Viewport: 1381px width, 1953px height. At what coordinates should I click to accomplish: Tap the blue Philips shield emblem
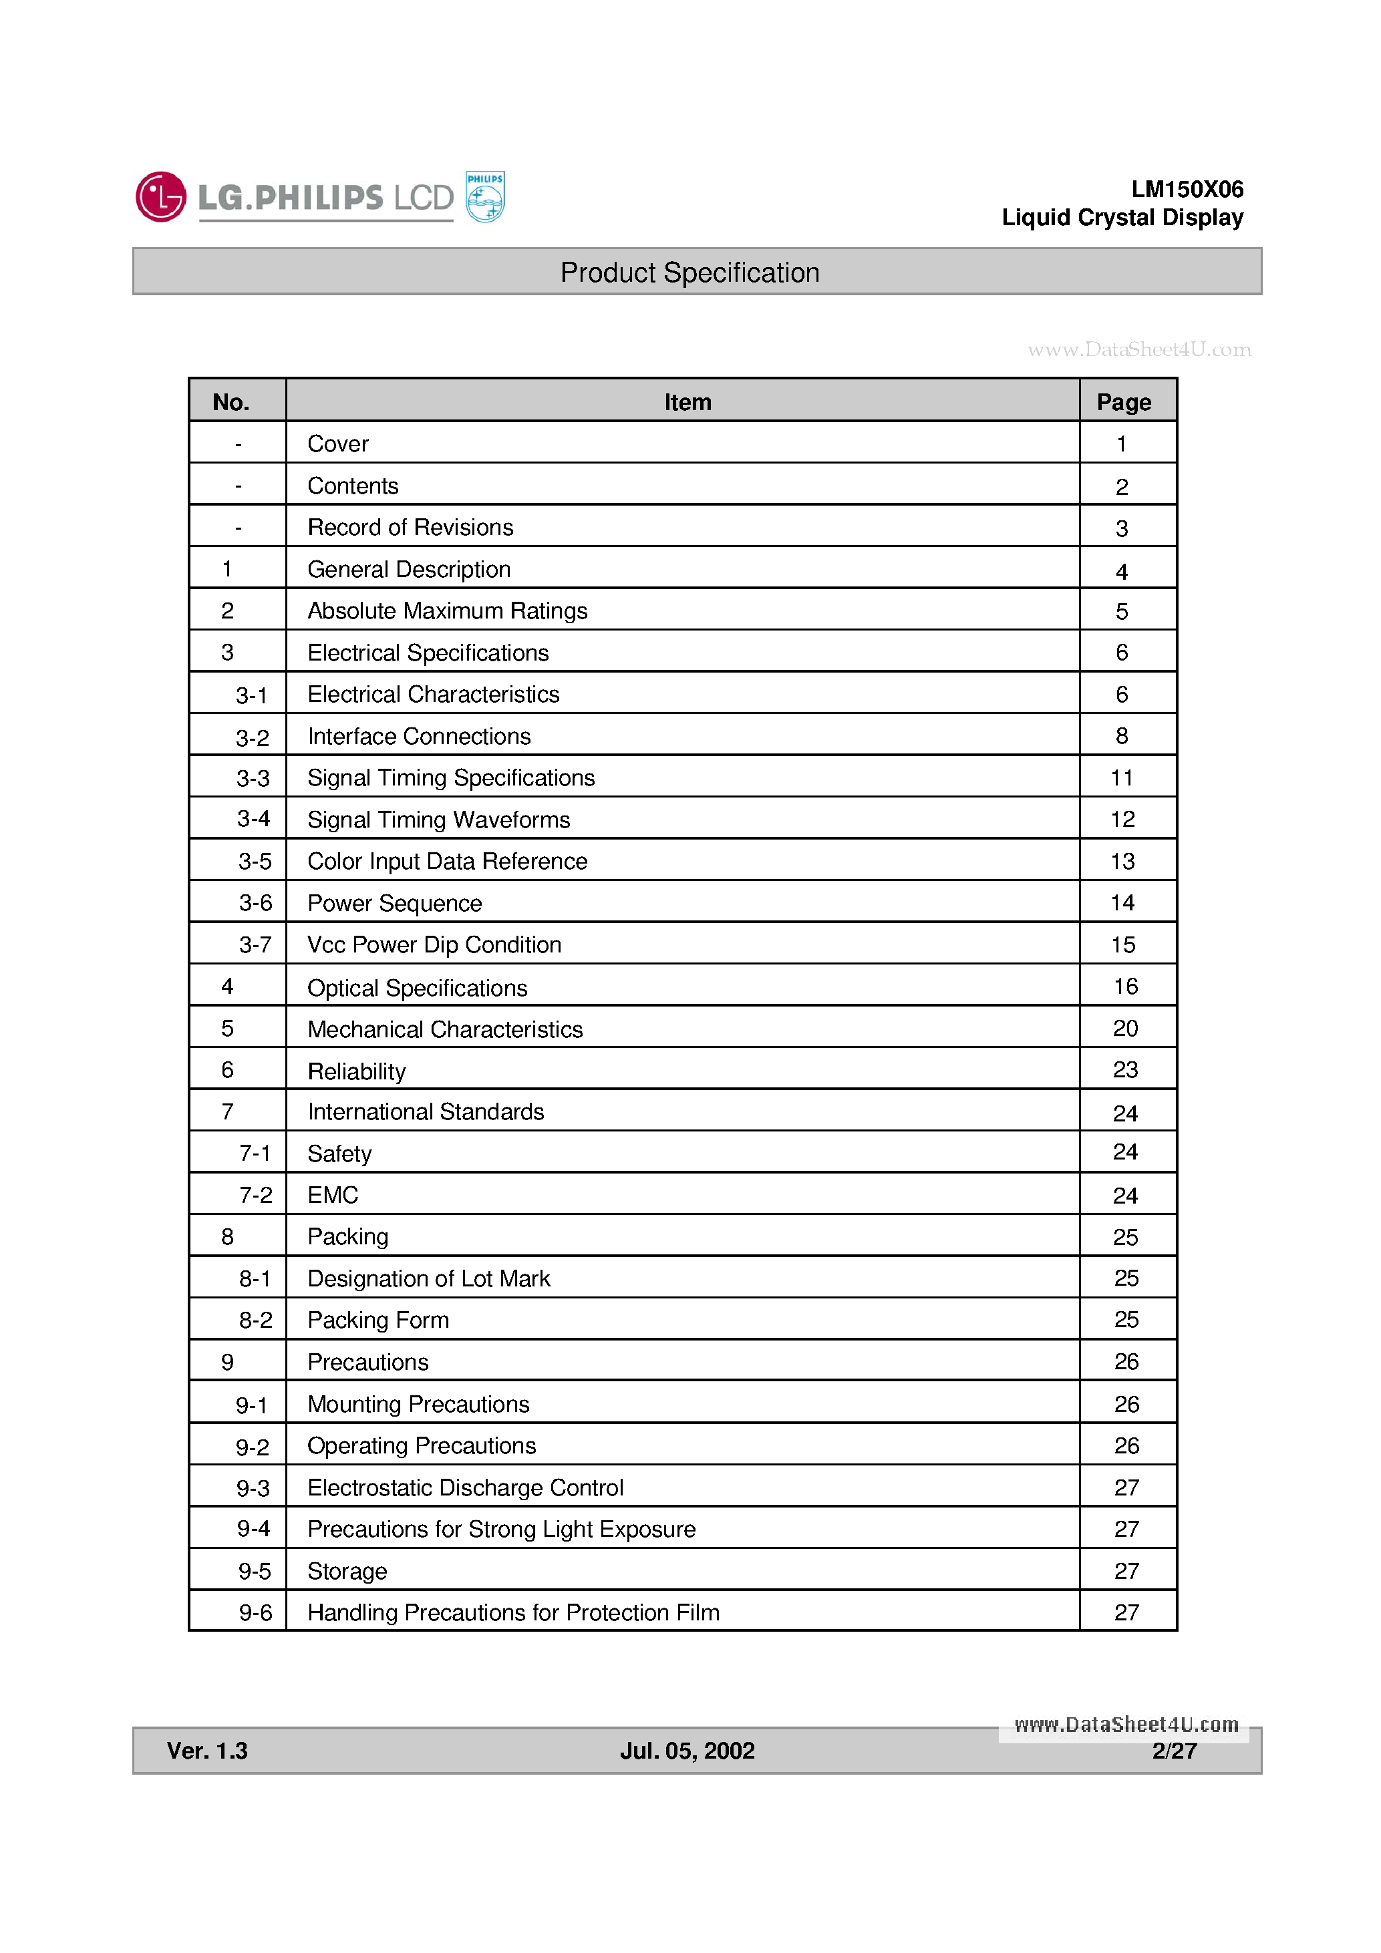(485, 196)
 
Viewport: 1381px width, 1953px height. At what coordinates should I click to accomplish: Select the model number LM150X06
(1187, 189)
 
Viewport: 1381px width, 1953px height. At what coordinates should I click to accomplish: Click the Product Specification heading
(689, 273)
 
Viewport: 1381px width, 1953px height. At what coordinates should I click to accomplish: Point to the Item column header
(687, 401)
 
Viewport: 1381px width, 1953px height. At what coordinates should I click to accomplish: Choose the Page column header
(1123, 401)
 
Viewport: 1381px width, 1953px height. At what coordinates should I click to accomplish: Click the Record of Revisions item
(410, 528)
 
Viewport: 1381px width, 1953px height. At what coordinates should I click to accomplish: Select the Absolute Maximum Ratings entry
(447, 610)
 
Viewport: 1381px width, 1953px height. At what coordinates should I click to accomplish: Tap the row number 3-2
(252, 737)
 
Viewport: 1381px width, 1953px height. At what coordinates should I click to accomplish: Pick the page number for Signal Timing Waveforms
(1122, 819)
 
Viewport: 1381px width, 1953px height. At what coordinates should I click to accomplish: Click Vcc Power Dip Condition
(434, 945)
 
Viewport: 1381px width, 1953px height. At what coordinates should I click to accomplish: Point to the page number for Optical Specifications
(1125, 987)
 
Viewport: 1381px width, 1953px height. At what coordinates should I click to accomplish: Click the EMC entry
(333, 1195)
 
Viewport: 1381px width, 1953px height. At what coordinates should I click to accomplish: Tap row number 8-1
(255, 1278)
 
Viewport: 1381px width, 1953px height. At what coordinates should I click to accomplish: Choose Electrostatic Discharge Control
(466, 1487)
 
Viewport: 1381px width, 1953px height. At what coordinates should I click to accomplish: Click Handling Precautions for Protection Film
(513, 1613)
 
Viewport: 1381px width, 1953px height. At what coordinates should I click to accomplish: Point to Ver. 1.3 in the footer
(206, 1751)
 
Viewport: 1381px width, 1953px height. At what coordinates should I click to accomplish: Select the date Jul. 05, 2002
(687, 1751)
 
